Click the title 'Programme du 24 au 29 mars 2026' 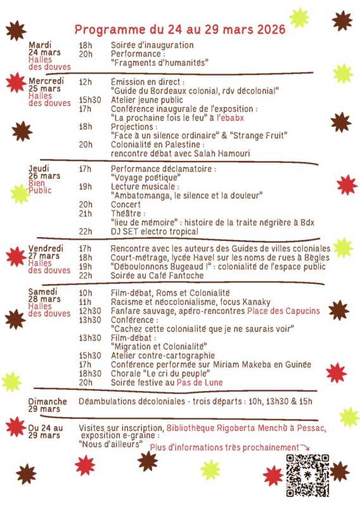[180, 29]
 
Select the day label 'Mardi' [39, 45]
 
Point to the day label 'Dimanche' [48, 402]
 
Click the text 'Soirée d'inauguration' [152, 46]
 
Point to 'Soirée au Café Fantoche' [157, 276]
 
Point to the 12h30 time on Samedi [90, 311]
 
